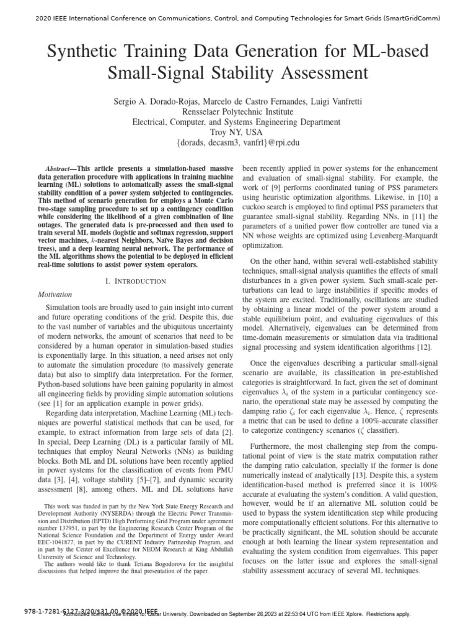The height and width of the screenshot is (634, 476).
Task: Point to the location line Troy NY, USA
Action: pos(237,132)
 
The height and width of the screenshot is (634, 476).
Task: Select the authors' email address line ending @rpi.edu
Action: pos(237,144)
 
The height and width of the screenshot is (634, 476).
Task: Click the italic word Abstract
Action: pos(60,169)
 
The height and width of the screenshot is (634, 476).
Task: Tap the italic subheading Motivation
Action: pos(56,295)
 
